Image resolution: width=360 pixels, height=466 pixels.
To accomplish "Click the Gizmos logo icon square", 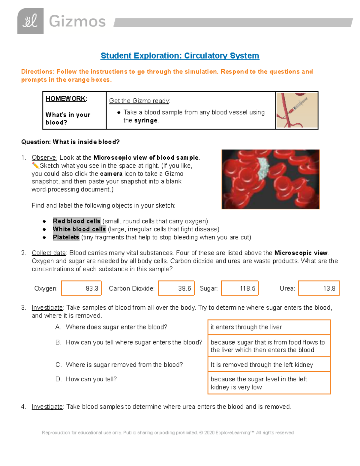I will pyautogui.click(x=30, y=21).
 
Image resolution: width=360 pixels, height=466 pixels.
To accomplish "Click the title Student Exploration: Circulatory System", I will pyautogui.click(x=180, y=56).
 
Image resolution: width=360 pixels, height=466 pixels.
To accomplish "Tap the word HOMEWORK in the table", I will pyautogui.click(x=66, y=99).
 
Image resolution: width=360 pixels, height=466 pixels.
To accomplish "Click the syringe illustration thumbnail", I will pyautogui.click(x=297, y=110).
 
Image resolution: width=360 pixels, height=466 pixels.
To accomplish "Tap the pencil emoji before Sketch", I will pyautogui.click(x=35, y=166).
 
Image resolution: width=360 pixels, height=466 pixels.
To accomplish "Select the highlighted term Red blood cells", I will pyautogui.click(x=76, y=221).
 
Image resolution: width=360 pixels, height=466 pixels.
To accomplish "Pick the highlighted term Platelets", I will pyautogui.click(x=66, y=237).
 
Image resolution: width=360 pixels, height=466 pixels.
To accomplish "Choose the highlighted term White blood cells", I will pyautogui.click(x=79, y=229).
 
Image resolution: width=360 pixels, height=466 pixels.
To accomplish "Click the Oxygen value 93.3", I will pyautogui.click(x=92, y=288).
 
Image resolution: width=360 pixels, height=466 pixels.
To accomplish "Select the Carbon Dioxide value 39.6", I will pyautogui.click(x=184, y=288).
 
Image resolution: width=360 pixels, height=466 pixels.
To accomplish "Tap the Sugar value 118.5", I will pyautogui.click(x=247, y=288).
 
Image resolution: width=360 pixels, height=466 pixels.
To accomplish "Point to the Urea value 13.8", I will pyautogui.click(x=329, y=288).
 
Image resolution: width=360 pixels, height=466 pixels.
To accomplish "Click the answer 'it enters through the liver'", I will pyautogui.click(x=246, y=327).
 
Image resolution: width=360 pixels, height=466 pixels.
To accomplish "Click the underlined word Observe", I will pyautogui.click(x=44, y=158).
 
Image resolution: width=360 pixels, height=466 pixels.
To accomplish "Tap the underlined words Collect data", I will pyautogui.click(x=49, y=253).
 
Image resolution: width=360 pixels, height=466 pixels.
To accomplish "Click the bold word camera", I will pyautogui.click(x=111, y=174).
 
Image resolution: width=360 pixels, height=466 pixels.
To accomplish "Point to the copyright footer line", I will pyautogui.click(x=168, y=433).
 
